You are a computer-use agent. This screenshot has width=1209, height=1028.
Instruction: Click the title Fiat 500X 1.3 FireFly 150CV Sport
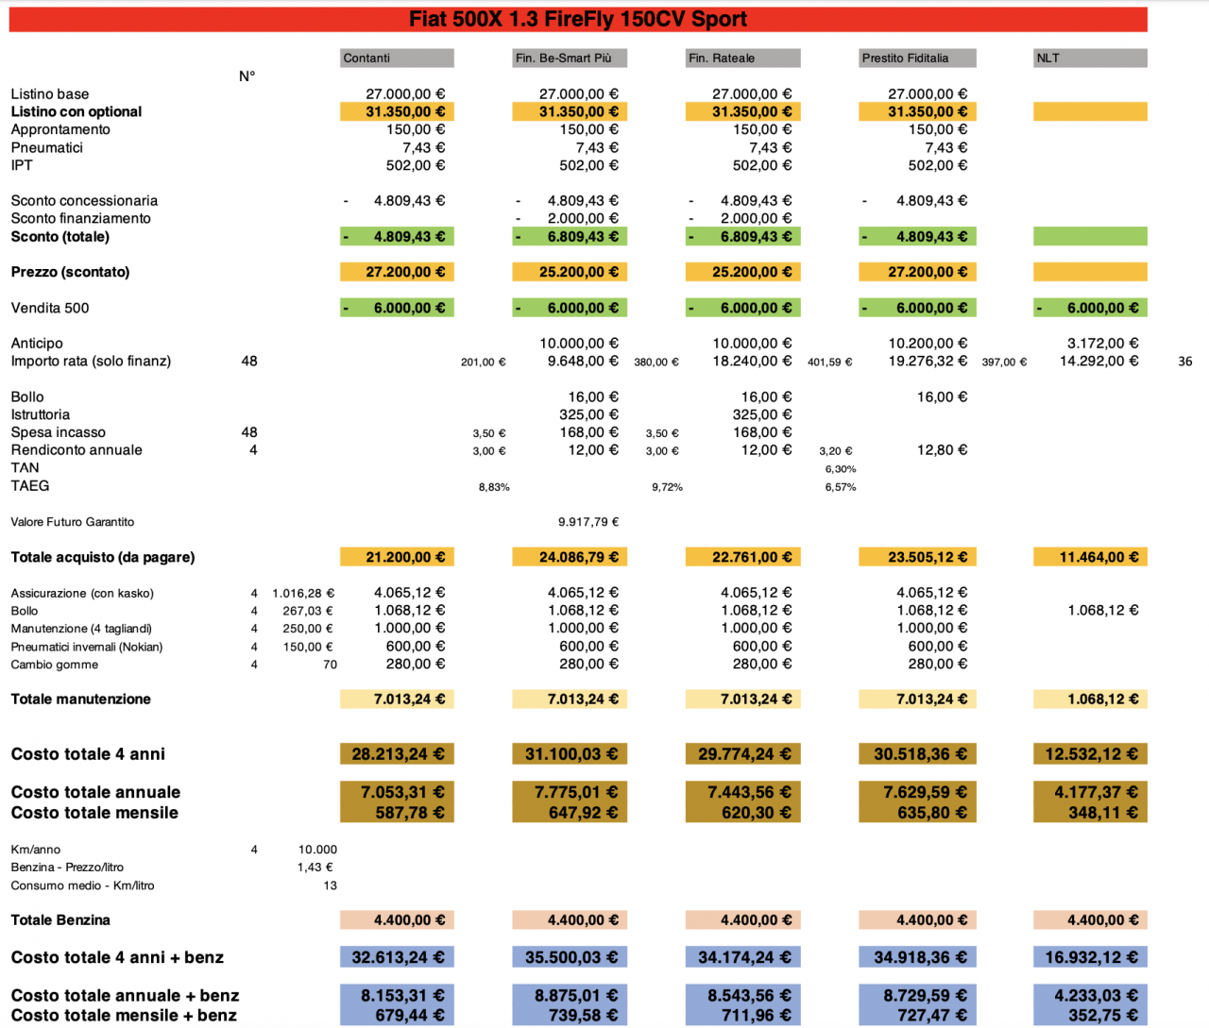pyautogui.click(x=577, y=20)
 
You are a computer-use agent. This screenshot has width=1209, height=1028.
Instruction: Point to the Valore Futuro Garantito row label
pyautogui.click(x=73, y=522)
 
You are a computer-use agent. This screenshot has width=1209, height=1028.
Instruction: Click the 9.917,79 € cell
pyautogui.click(x=588, y=522)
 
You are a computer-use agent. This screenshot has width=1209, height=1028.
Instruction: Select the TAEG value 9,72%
pyautogui.click(x=667, y=487)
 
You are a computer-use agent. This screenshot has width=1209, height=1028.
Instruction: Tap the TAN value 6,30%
pyautogui.click(x=841, y=469)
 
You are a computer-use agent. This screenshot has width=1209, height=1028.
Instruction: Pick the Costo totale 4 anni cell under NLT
pyautogui.click(x=1090, y=754)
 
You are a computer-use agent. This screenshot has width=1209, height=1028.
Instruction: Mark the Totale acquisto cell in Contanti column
pyautogui.click(x=397, y=558)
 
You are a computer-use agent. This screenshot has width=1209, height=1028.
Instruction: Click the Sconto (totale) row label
pyautogui.click(x=60, y=237)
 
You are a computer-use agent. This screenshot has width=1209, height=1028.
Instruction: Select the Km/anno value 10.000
pyautogui.click(x=317, y=850)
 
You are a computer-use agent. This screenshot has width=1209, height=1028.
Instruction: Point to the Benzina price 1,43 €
pyautogui.click(x=315, y=868)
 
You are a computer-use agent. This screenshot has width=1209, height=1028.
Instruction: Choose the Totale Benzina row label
pyautogui.click(x=60, y=920)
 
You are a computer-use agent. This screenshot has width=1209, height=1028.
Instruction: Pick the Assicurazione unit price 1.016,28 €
pyautogui.click(x=302, y=594)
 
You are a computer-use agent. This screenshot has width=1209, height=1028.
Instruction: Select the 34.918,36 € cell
pyautogui.click(x=916, y=958)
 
